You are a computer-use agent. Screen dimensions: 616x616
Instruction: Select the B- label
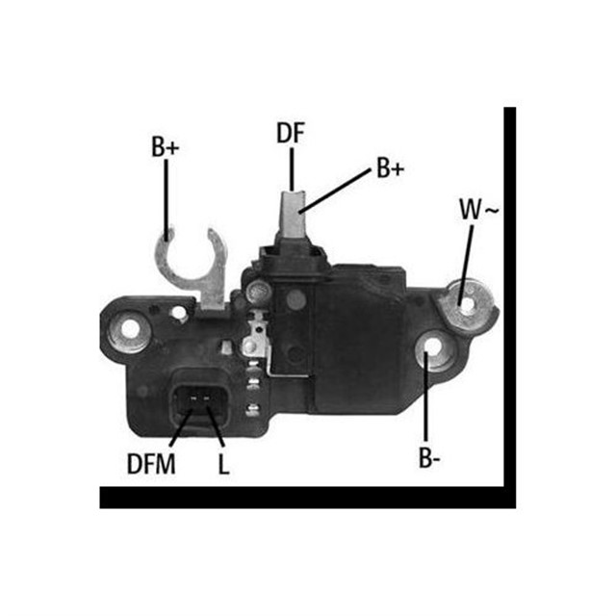pos(430,458)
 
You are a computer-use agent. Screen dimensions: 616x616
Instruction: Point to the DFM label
pos(151,465)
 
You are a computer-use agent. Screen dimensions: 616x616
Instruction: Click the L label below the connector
pos(223,465)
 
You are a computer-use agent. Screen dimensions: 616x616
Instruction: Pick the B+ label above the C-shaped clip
pos(166,147)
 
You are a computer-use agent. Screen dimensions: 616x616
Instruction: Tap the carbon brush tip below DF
pos(293,212)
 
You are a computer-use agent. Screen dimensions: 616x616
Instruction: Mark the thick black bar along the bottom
pos(308,498)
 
